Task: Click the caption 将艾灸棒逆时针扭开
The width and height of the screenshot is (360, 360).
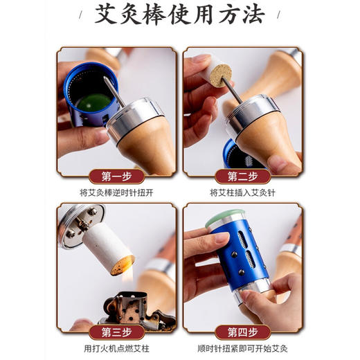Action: point(117,190)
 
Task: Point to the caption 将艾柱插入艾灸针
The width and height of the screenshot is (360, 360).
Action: point(242,190)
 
